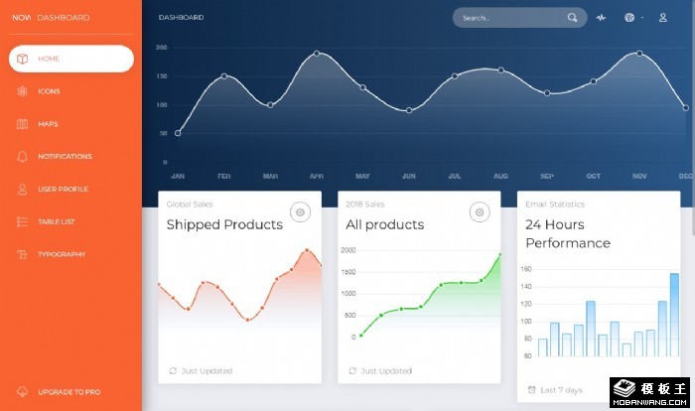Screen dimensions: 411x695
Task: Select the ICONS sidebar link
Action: tap(50, 91)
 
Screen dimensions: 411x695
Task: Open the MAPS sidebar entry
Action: tap(48, 124)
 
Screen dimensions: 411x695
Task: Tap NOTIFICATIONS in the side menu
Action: tap(65, 156)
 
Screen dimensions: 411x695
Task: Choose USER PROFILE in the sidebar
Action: tap(63, 189)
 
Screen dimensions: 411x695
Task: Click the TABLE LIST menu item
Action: tap(57, 221)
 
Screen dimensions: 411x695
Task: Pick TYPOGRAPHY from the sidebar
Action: tap(62, 254)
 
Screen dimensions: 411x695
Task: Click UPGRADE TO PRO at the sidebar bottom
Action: tap(69, 392)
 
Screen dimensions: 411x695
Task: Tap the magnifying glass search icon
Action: tap(573, 18)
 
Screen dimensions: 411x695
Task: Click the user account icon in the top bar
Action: tap(663, 18)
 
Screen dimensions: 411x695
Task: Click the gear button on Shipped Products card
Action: tap(301, 211)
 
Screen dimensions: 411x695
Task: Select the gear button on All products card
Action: tap(481, 211)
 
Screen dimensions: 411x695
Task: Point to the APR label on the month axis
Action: tap(317, 176)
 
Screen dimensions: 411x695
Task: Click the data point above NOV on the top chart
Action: tap(639, 54)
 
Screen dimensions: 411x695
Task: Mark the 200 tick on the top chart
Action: tap(162, 48)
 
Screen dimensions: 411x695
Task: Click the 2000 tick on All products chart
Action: tap(348, 250)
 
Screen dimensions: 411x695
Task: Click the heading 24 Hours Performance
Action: tap(568, 233)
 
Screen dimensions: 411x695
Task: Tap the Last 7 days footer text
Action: tap(561, 390)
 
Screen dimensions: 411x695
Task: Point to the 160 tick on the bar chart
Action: tap(527, 269)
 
